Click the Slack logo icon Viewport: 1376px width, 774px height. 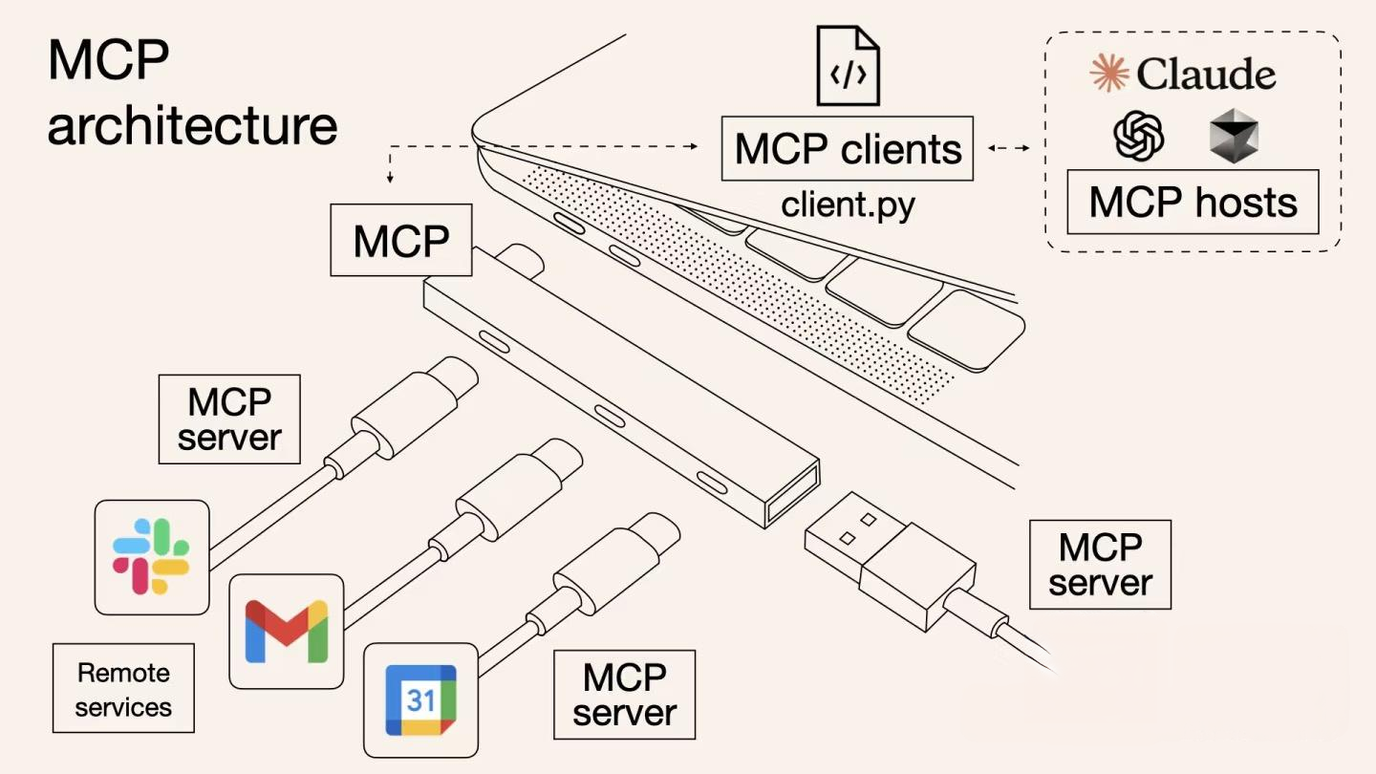(152, 556)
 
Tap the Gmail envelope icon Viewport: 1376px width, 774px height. (286, 632)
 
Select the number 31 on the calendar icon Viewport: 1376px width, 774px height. (420, 700)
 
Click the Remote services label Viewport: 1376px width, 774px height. (123, 689)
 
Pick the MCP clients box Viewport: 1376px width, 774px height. (847, 149)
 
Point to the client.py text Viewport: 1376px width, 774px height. (848, 204)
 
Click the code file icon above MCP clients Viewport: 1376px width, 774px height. (848, 65)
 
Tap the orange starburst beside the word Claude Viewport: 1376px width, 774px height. (1108, 74)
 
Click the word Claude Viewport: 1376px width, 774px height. (1206, 74)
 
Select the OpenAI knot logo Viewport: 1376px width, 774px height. (1139, 136)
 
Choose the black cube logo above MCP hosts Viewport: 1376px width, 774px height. (1234, 136)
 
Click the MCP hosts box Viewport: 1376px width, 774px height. (1193, 202)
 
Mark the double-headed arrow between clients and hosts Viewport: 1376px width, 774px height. (1009, 148)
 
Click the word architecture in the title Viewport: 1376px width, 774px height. (192, 126)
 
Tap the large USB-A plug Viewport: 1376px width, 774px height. (889, 564)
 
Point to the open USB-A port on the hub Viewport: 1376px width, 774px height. (792, 493)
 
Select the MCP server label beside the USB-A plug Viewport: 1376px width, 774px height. (1100, 565)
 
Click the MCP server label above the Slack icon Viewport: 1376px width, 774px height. (229, 419)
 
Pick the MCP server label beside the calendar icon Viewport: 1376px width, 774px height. (625, 695)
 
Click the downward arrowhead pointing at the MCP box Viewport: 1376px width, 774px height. (390, 178)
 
